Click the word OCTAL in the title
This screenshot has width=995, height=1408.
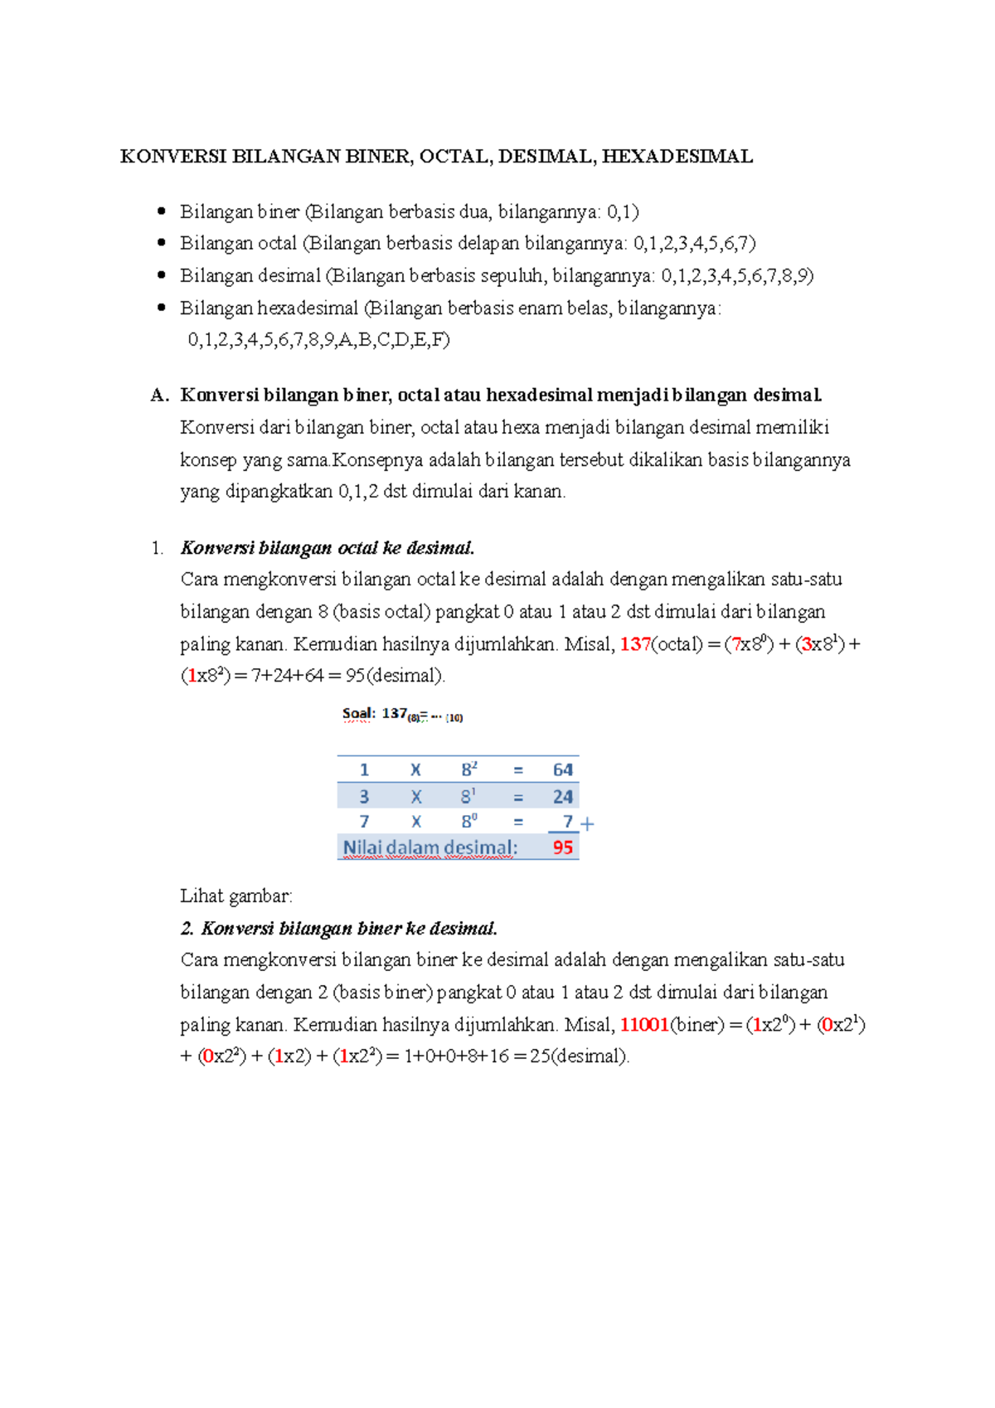[x=454, y=157]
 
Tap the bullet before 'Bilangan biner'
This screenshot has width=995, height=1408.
[x=162, y=211]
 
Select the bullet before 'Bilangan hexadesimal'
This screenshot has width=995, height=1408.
[x=162, y=308]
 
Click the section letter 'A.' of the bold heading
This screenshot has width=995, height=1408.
[x=159, y=396]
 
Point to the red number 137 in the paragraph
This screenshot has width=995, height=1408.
[x=635, y=644]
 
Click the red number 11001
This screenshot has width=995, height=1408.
[x=644, y=1025]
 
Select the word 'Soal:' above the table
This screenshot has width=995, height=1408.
[x=358, y=714]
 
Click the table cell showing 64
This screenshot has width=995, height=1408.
[x=563, y=770]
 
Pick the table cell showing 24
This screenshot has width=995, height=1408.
[x=563, y=797]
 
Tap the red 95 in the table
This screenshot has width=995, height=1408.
[x=563, y=847]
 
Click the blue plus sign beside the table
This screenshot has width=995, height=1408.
[x=588, y=824]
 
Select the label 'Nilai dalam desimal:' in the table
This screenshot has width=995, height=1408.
[x=430, y=847]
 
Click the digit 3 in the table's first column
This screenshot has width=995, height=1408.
[x=364, y=797]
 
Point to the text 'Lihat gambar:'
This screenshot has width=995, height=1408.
[x=236, y=896]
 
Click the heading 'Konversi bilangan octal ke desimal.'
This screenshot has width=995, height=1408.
[x=328, y=548]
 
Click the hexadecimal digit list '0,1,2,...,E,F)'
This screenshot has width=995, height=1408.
[x=318, y=340]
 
